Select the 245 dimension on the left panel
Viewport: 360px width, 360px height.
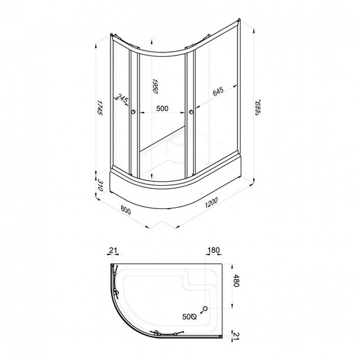[121, 98]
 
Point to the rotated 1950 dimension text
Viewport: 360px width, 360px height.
[153, 87]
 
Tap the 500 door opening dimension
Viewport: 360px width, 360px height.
[162, 109]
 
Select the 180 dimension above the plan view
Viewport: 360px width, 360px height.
[213, 251]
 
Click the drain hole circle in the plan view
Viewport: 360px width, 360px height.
[205, 309]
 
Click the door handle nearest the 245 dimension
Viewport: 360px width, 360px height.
[133, 113]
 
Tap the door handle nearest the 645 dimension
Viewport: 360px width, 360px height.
[189, 113]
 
